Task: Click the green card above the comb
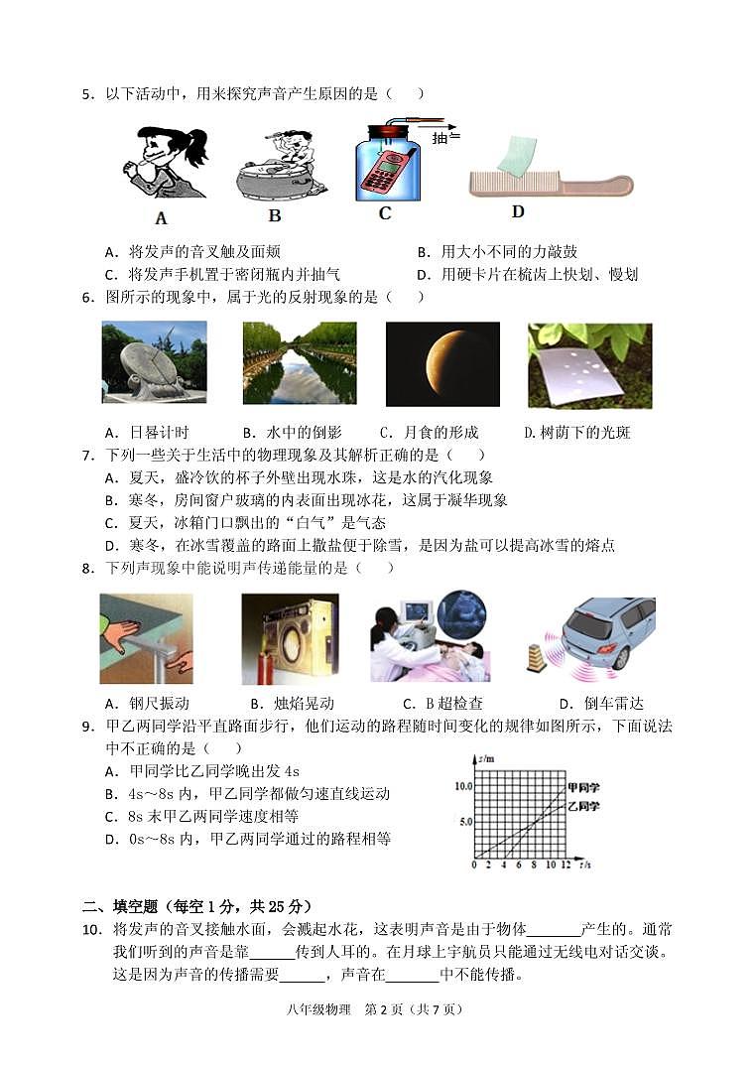pyautogui.click(x=517, y=155)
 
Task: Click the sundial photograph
pyautogui.click(x=154, y=362)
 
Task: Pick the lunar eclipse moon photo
pyautogui.click(x=441, y=363)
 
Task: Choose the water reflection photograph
pyautogui.click(x=299, y=363)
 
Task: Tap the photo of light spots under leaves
pyautogui.click(x=589, y=364)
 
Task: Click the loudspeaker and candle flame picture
pyautogui.click(x=290, y=638)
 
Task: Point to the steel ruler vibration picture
pyautogui.click(x=146, y=638)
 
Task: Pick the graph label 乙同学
pyautogui.click(x=583, y=806)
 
